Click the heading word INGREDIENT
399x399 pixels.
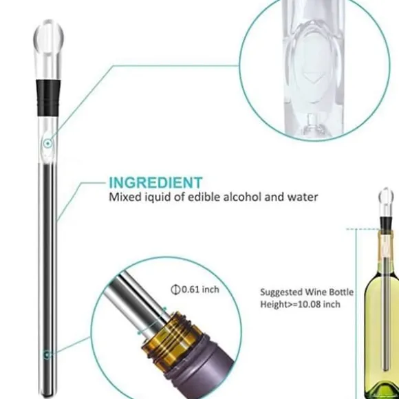pyautogui.click(x=155, y=182)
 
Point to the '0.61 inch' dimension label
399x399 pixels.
pyautogui.click(x=200, y=290)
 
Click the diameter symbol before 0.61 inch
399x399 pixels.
pyautogui.click(x=175, y=290)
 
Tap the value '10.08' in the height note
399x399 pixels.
pyautogui.click(x=308, y=304)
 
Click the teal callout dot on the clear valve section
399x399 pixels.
pyautogui.click(x=47, y=144)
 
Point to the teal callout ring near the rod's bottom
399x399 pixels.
pyautogui.click(x=47, y=355)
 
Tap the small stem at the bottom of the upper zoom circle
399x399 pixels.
pyautogui.click(x=311, y=122)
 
